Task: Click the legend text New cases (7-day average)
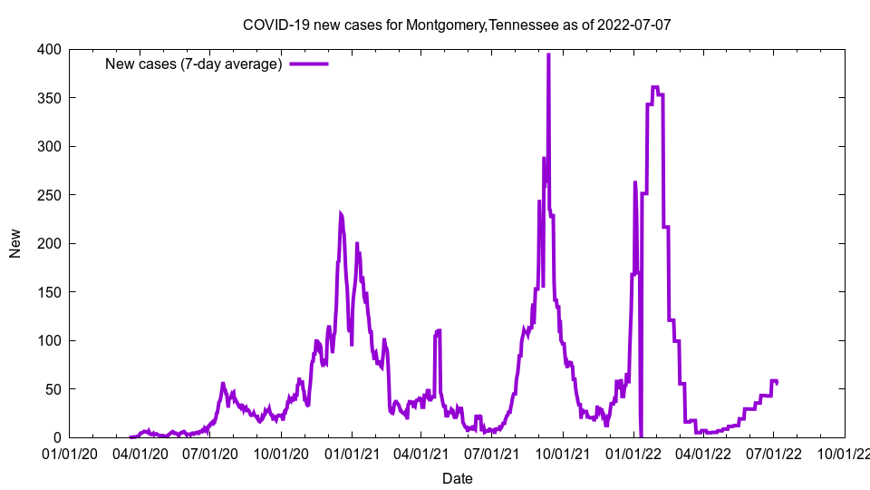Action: [x=194, y=64]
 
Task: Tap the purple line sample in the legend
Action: [x=309, y=64]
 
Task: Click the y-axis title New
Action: [x=15, y=243]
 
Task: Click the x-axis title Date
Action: [x=457, y=478]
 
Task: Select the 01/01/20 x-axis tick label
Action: [x=69, y=453]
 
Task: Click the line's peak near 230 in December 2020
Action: [x=341, y=214]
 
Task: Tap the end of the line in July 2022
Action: [x=777, y=382]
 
